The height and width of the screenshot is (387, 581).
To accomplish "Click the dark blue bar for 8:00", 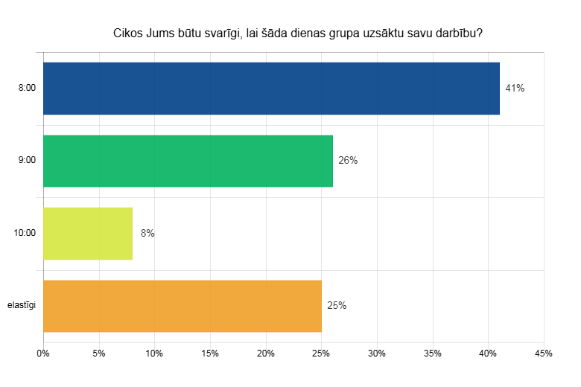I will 271,89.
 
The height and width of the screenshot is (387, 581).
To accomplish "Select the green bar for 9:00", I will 188,161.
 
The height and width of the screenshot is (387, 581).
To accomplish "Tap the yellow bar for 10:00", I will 88,234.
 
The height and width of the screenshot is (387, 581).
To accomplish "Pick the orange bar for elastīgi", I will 182,306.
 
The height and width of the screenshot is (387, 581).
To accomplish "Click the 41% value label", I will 515,89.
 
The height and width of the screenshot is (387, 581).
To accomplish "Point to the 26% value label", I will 348,161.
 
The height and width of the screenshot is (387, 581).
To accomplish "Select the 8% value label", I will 147,234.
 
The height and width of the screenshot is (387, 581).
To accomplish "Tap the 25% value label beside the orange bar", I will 337,306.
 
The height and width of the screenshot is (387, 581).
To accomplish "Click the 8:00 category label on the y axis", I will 27,89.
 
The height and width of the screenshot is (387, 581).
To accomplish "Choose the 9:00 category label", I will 27,161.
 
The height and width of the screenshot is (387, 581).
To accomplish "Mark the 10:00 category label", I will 25,234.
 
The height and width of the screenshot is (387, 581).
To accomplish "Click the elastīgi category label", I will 22,306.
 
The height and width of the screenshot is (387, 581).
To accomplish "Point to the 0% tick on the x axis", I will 43,354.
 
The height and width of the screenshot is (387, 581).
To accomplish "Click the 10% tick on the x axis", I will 154,354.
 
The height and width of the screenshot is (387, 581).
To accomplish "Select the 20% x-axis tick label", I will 266,354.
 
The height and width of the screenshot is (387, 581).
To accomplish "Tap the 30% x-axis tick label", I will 377,354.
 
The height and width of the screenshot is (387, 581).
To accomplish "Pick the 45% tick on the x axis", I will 544,354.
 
